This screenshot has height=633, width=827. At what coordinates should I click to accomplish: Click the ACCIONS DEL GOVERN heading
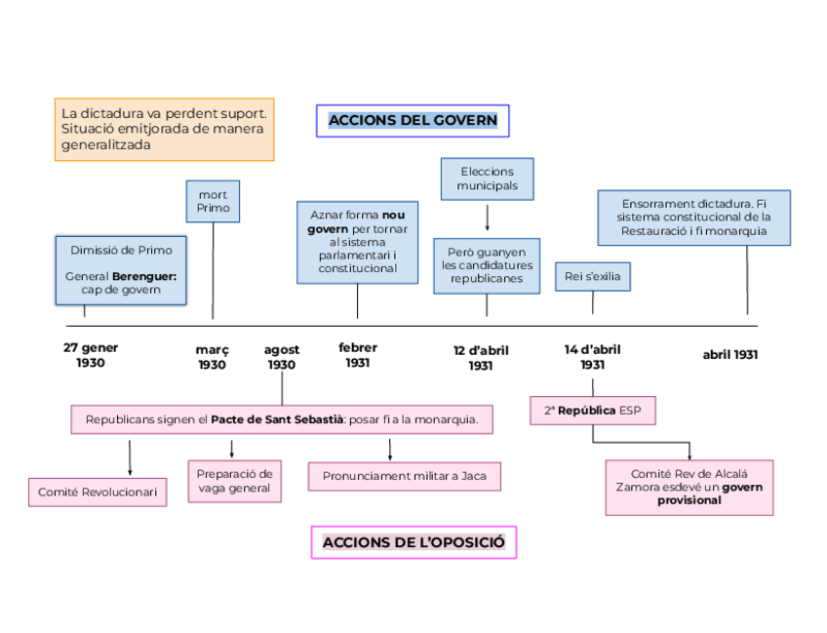tap(413, 121)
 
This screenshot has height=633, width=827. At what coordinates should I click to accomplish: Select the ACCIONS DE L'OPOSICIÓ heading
tap(413, 542)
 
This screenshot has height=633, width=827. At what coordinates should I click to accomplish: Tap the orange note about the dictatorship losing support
tap(164, 129)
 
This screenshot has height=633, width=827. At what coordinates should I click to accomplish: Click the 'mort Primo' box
tap(213, 201)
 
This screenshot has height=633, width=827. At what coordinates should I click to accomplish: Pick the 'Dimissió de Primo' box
tap(121, 270)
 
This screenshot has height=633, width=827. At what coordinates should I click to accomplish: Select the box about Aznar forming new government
tap(357, 242)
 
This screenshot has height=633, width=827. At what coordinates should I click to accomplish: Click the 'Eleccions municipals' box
tap(487, 179)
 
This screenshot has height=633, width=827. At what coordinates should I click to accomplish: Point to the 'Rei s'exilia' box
tap(592, 277)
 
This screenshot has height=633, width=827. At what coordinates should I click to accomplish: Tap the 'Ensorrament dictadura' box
tap(693, 218)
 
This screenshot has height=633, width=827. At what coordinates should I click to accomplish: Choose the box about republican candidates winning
tap(487, 265)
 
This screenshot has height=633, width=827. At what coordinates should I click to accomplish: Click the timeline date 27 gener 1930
tap(91, 355)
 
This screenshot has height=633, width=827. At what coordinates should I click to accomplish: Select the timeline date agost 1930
tap(282, 357)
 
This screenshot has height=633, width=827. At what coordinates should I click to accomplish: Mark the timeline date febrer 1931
tap(358, 355)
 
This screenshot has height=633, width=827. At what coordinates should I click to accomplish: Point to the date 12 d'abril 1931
tap(481, 358)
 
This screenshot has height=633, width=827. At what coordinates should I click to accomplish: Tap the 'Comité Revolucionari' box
tap(98, 493)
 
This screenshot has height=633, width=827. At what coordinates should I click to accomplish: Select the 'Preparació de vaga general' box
tap(234, 481)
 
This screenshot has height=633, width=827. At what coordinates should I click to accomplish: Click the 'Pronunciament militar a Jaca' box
tap(405, 476)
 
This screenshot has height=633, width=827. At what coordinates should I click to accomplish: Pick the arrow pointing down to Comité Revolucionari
tap(130, 457)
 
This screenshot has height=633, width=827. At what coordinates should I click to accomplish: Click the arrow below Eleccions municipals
tap(487, 218)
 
